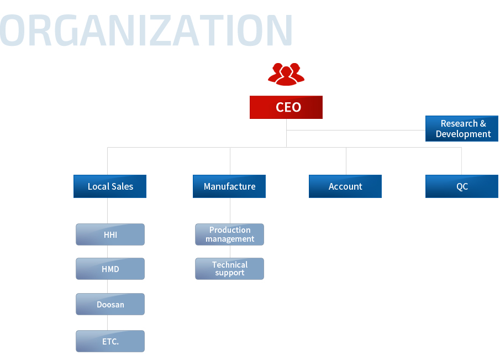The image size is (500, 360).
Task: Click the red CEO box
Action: click(x=286, y=107)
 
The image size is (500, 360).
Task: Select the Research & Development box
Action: click(x=462, y=129)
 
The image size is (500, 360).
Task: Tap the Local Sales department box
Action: click(x=110, y=186)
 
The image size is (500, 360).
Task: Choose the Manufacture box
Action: click(x=229, y=186)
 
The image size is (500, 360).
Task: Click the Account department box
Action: click(x=345, y=186)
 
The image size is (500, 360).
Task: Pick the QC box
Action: click(x=462, y=186)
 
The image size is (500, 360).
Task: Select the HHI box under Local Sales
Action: click(x=110, y=234)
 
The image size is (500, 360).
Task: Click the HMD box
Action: click(x=110, y=269)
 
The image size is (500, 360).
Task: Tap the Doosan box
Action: click(x=110, y=304)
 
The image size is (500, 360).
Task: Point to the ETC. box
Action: click(x=110, y=341)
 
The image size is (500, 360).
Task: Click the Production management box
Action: click(x=230, y=234)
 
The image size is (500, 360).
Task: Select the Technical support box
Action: click(x=230, y=269)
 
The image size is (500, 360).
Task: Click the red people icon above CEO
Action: click(x=286, y=74)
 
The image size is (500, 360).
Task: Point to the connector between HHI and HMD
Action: click(x=108, y=252)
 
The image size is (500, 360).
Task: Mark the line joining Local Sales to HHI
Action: click(x=108, y=211)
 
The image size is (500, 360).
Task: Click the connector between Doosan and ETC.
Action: click(x=108, y=322)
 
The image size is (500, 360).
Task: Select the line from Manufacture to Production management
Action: click(x=230, y=211)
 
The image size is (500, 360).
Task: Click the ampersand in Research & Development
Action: click(x=483, y=123)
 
